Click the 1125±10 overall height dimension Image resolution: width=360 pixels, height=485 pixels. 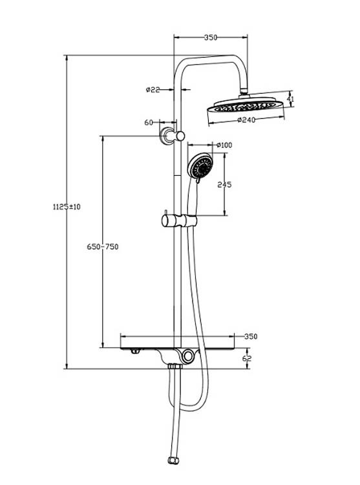pyautogui.click(x=67, y=207)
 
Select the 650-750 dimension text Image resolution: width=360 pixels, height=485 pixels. pyautogui.click(x=103, y=246)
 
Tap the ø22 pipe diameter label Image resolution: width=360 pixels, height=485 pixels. pyautogui.click(x=153, y=90)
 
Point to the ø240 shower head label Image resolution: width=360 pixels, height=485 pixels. pyautogui.click(x=246, y=120)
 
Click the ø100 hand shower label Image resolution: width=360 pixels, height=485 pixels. pyautogui.click(x=224, y=145)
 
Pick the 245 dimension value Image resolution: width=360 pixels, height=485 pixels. pyautogui.click(x=224, y=184)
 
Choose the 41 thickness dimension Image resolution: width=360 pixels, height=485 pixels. pyautogui.click(x=290, y=99)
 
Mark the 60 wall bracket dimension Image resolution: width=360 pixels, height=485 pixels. pyautogui.click(x=149, y=122)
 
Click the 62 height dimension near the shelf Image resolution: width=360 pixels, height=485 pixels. pyautogui.click(x=247, y=358)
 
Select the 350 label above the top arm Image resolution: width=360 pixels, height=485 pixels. pyautogui.click(x=211, y=38)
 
